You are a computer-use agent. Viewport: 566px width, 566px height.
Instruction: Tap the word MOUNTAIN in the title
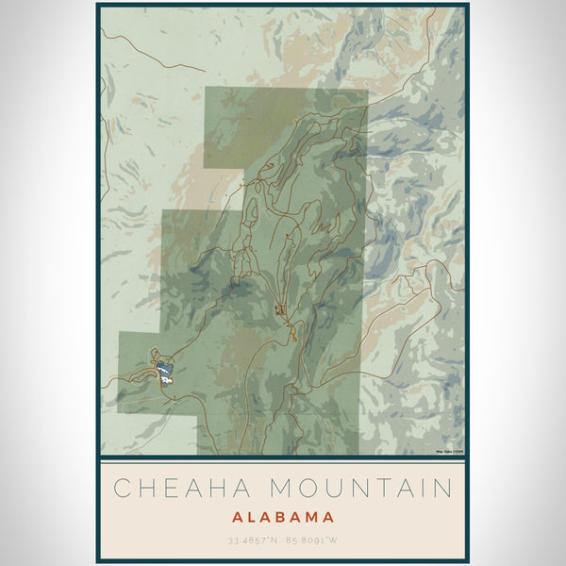click(x=360, y=488)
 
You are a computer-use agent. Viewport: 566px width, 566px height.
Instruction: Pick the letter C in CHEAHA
click(x=122, y=488)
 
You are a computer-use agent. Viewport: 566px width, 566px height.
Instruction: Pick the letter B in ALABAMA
click(x=282, y=517)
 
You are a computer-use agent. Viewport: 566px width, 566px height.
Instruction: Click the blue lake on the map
click(x=164, y=371)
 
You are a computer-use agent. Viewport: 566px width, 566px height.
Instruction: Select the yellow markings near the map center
click(x=292, y=330)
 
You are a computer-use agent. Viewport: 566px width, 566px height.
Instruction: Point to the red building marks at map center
click(x=278, y=308)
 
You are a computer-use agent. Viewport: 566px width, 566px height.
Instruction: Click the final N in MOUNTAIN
click(x=441, y=488)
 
